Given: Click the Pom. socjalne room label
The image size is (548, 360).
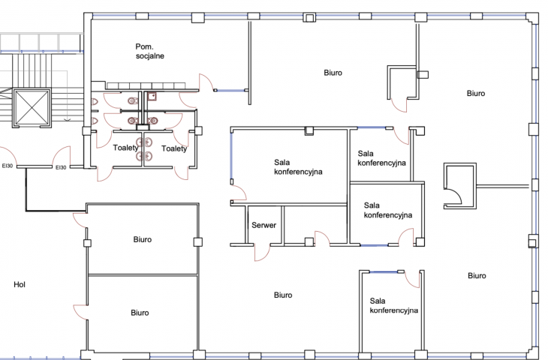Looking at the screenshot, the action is (x=149, y=51).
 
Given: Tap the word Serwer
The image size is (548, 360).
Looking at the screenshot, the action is (x=263, y=225).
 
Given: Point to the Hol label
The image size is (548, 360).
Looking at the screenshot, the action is (x=20, y=284).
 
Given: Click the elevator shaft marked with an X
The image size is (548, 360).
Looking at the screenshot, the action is (x=32, y=107).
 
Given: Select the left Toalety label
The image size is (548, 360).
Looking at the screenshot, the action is (x=125, y=148).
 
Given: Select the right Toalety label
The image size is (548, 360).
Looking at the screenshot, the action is (x=174, y=148).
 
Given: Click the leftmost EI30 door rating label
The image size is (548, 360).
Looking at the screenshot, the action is (x=8, y=166).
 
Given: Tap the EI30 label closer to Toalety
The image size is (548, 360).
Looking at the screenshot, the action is (x=61, y=167).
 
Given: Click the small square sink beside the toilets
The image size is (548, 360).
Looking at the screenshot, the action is (x=152, y=96).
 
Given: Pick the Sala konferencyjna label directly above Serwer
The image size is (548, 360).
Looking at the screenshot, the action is (x=298, y=167).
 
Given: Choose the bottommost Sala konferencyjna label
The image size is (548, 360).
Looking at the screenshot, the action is (x=394, y=305).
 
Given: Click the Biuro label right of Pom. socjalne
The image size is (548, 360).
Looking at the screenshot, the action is (x=333, y=73).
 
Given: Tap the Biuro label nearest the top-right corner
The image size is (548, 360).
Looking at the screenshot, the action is (x=476, y=93).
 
